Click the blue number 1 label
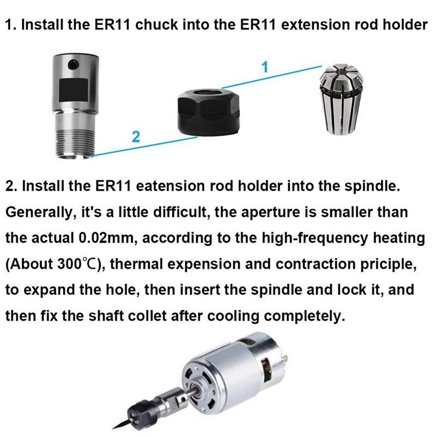[265, 68]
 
